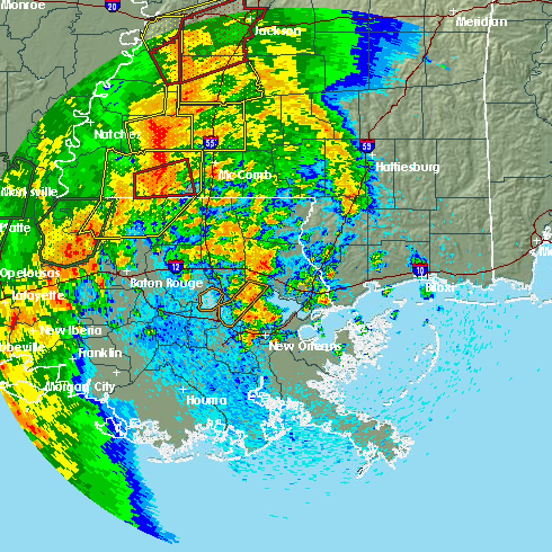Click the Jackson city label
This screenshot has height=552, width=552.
coord(277,31)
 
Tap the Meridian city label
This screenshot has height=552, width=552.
coord(482,22)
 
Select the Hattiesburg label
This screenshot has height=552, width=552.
coord(408,167)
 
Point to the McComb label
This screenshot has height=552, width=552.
coord(245,175)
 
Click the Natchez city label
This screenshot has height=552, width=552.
coord(117,134)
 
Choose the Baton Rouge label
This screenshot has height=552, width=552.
coord(166,283)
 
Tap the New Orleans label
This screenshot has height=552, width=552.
coord(305,346)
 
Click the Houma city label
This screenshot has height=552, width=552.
coord(206,400)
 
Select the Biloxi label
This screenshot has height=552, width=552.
coord(439,288)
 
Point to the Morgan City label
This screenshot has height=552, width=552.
coord(80,387)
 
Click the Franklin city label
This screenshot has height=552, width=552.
coord(100,353)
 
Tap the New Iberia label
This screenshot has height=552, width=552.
coord(71,330)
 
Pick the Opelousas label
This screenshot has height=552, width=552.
coord(30,273)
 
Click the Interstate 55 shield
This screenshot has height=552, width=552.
coord(210,143)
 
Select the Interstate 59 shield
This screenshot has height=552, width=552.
coord(367,145)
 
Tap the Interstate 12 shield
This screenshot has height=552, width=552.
coord(176,265)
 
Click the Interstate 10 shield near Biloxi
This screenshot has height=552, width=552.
coord(420,270)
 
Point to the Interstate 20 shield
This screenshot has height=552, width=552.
coord(112,6)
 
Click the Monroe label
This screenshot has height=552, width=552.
coord(23,5)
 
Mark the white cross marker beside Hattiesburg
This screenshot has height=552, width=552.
coord(372,156)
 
